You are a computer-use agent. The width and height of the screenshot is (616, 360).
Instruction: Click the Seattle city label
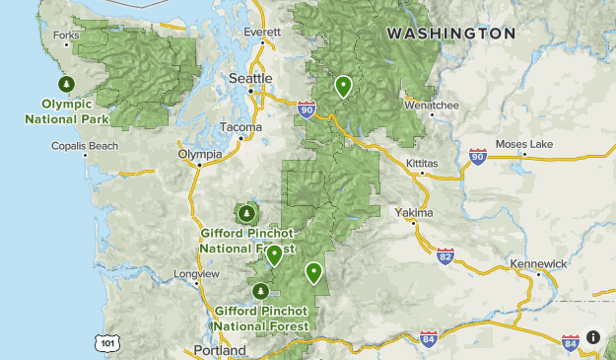click(250, 78)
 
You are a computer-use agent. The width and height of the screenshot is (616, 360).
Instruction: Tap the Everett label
click(261, 32)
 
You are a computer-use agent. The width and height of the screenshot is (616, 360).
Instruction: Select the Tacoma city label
click(240, 127)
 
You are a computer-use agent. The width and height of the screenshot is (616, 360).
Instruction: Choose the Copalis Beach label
click(85, 147)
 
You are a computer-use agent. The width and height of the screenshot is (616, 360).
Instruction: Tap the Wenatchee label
click(431, 104)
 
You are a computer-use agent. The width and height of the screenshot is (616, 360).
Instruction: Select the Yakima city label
click(414, 213)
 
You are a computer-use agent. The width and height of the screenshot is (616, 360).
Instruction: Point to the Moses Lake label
click(524, 145)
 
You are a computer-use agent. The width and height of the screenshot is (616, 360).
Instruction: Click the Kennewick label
click(539, 264)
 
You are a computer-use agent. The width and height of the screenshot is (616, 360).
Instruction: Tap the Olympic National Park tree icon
click(67, 85)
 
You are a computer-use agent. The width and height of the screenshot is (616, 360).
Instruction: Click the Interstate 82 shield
click(445, 257)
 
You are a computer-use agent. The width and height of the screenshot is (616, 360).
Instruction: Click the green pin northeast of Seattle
click(343, 86)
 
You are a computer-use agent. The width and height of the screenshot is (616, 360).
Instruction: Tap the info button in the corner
click(593, 337)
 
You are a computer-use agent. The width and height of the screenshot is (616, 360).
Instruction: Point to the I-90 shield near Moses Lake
click(479, 157)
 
